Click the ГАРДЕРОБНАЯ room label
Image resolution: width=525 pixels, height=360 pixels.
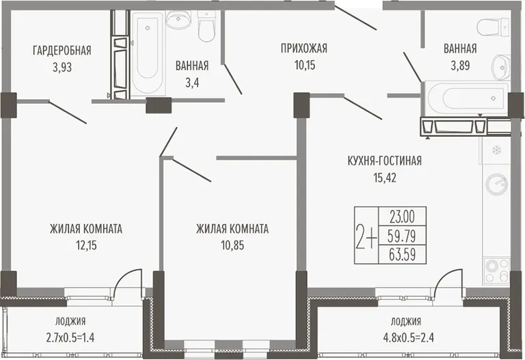click(62, 51)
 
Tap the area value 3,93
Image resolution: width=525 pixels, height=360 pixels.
click(62, 68)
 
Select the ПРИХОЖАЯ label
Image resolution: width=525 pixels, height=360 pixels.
click(304, 49)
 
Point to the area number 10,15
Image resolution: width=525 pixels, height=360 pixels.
click(305, 65)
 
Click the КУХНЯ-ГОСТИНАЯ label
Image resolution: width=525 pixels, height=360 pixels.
click(385, 161)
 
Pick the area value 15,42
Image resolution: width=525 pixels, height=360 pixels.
click(385, 178)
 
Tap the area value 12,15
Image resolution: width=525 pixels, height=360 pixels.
click(86, 245)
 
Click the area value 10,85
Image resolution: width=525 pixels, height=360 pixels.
click(232, 245)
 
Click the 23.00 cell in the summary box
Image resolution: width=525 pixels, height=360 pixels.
click(402, 217)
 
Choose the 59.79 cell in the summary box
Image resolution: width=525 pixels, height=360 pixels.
click(402, 236)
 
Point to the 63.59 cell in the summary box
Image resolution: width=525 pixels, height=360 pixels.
click(402, 254)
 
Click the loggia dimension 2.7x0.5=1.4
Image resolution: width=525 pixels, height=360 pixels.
click(70, 337)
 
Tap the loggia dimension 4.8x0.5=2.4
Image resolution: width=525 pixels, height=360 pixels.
click(409, 337)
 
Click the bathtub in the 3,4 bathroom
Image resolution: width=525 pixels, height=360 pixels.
click(148, 53)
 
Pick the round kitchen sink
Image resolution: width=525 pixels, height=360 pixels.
click(497, 184)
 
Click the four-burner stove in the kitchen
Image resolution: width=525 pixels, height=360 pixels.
click(496, 271)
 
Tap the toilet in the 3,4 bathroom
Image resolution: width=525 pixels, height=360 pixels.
click(206, 26)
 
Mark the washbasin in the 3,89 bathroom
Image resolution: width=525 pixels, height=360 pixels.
click(501, 68)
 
